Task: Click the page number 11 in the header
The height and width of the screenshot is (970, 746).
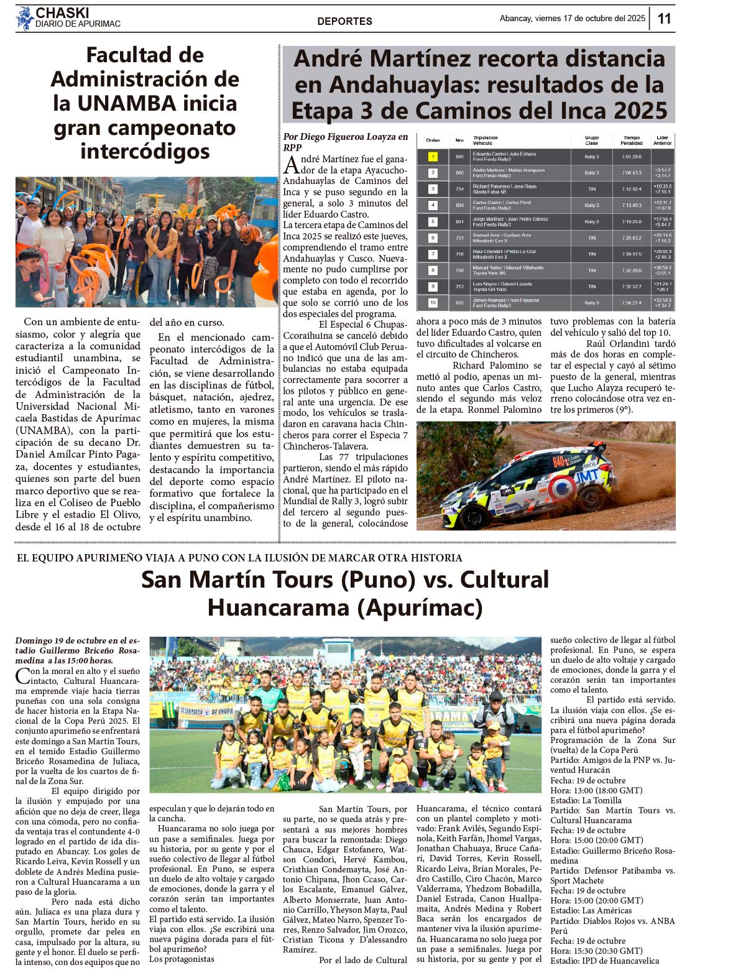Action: [x=664, y=19]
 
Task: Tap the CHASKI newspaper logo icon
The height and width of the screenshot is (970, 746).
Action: [x=25, y=18]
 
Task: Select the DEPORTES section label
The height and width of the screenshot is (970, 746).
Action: [x=344, y=21]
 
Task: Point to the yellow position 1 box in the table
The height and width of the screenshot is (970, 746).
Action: [x=433, y=157]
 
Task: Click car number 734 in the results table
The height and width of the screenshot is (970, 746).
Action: [x=459, y=189]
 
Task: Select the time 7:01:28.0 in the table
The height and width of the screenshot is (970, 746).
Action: [x=631, y=157]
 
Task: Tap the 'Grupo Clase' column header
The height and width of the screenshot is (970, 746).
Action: [x=591, y=141]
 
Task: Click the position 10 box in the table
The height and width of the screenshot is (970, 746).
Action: [x=433, y=303]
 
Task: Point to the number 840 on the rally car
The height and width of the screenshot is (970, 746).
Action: [x=559, y=462]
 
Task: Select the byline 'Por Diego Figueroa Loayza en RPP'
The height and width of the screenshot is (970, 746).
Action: [x=345, y=142]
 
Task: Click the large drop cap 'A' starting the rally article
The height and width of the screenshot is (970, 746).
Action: [x=290, y=165]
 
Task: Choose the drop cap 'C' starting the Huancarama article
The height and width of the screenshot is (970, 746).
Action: [x=22, y=676]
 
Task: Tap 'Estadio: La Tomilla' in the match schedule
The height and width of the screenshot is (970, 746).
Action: [x=586, y=800]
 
